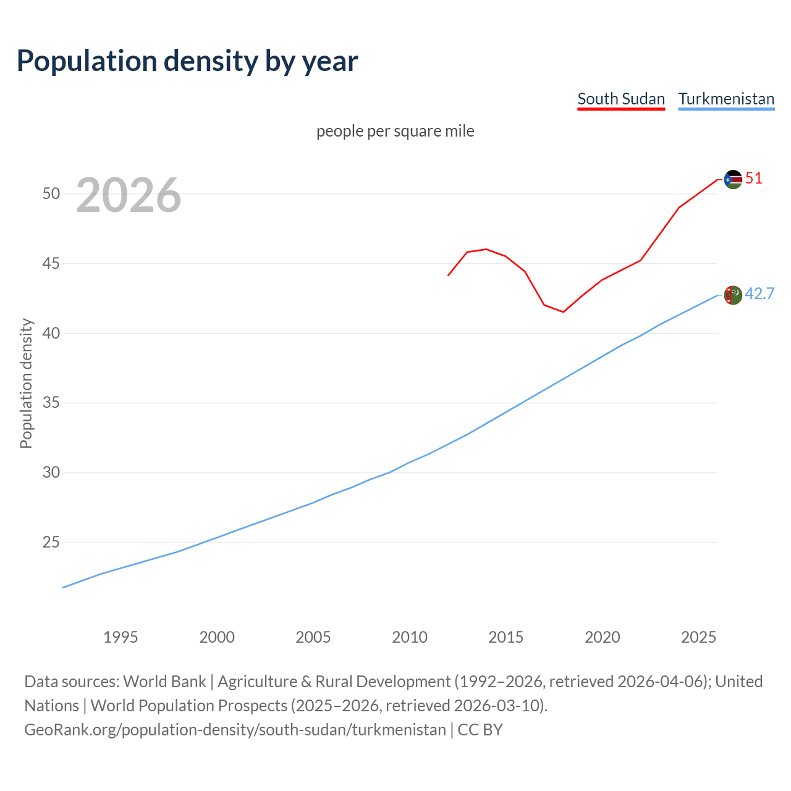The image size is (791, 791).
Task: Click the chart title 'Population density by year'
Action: tap(187, 61)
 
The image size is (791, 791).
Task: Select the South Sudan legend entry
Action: tap(621, 99)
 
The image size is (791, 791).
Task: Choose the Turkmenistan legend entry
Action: tap(726, 99)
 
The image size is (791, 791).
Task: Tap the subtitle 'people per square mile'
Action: tap(395, 131)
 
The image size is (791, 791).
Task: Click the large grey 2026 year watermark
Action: tap(129, 195)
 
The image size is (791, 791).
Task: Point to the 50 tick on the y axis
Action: tap(51, 194)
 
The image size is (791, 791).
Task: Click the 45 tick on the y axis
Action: tap(51, 264)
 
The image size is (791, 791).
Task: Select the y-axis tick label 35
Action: tap(51, 403)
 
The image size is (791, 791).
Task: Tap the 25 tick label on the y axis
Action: tap(51, 543)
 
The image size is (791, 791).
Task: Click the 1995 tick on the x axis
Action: tap(121, 637)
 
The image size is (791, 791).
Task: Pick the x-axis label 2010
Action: tap(410, 637)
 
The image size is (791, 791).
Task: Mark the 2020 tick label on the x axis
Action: tap(603, 637)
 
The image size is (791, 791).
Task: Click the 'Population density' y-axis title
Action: tap(26, 383)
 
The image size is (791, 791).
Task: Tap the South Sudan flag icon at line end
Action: tap(733, 179)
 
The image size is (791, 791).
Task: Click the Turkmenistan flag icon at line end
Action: tap(733, 295)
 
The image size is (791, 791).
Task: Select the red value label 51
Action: tap(754, 179)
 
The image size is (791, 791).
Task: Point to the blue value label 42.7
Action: tap(759, 294)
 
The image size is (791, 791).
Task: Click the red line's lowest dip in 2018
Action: tap(563, 311)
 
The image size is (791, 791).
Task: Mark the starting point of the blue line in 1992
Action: tap(63, 587)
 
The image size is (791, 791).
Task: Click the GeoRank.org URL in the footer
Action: tap(235, 730)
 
